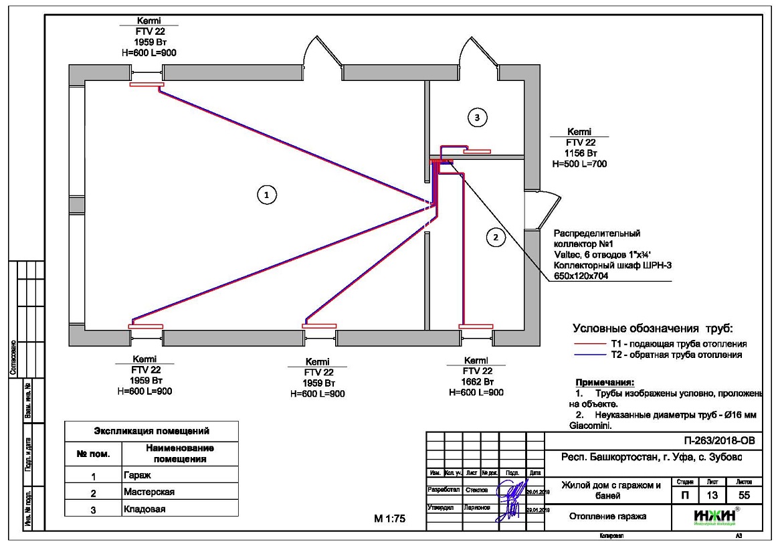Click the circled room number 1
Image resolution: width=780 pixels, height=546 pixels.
[266, 194]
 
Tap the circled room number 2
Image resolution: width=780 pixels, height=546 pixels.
[496, 236]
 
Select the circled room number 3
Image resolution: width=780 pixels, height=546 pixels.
[476, 117]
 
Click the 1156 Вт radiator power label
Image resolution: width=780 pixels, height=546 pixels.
[579, 153]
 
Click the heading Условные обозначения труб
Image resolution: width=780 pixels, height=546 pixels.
[653, 329]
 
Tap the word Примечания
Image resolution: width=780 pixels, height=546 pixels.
[599, 382]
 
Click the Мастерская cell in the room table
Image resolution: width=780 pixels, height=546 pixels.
[149, 492]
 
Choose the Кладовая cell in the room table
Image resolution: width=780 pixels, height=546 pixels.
[144, 509]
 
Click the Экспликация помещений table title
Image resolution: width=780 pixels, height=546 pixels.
[151, 431]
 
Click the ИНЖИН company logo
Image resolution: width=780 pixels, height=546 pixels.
[715, 516]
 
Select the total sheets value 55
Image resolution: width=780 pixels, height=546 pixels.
[743, 496]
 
